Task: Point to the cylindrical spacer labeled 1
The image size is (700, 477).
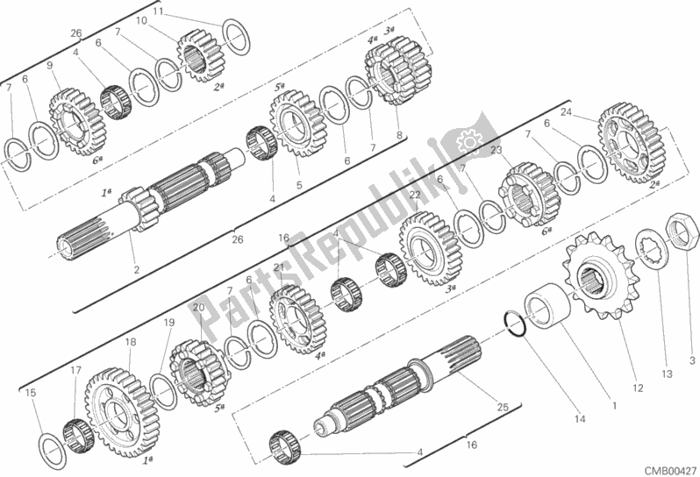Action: (x=550, y=311)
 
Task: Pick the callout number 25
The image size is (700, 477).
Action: (x=502, y=407)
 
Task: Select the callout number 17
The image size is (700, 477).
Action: (x=75, y=370)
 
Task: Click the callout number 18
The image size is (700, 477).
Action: (x=130, y=342)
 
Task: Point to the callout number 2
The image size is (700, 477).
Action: (x=136, y=270)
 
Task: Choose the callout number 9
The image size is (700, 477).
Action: (x=49, y=65)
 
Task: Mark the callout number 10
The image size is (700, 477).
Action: (x=140, y=20)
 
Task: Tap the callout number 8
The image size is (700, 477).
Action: (x=399, y=135)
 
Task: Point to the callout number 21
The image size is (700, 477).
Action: (x=279, y=267)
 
